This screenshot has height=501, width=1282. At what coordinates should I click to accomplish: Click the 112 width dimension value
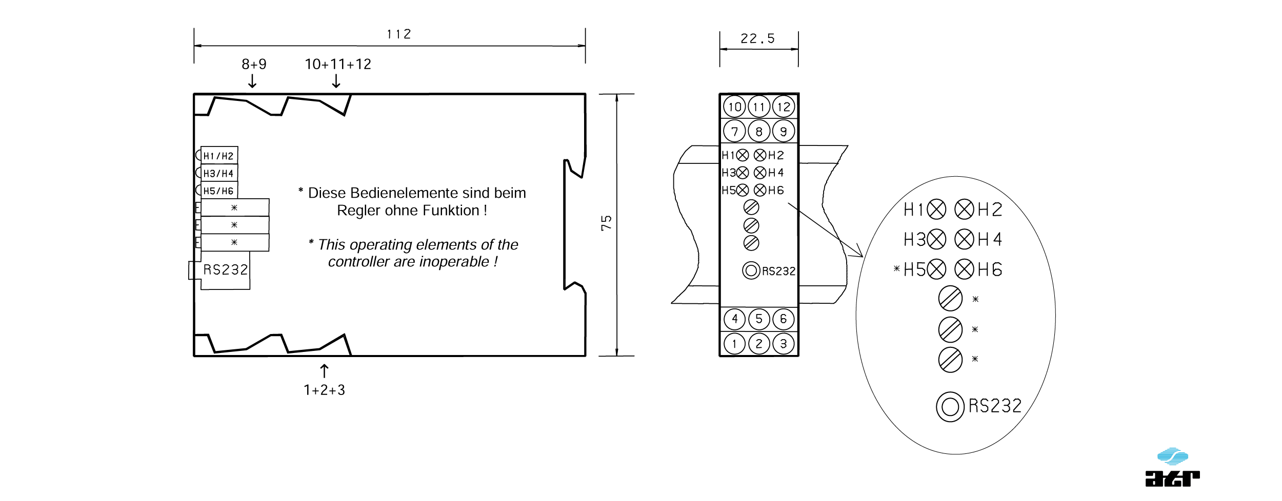pos(398,34)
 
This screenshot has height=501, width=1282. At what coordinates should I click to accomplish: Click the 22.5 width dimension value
pos(757,38)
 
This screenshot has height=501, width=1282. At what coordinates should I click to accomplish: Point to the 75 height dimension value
pos(606,223)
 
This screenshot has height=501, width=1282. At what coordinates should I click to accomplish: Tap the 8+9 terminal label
pos(254,64)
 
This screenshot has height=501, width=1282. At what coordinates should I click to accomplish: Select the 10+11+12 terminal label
pos(337,64)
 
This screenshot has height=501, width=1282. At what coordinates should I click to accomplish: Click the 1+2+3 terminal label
pos(324,390)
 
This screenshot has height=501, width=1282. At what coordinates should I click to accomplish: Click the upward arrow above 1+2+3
pos(324,371)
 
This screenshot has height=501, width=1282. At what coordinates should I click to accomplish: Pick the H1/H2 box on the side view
pos(219,156)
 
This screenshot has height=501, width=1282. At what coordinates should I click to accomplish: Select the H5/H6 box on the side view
pos(219,191)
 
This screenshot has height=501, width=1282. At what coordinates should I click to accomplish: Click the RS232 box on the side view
pos(225,270)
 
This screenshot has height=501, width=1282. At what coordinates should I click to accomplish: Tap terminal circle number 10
pos(734,107)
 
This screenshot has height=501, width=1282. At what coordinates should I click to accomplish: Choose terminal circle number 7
pos(734,131)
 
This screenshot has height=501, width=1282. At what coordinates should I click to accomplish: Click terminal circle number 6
pos(783,319)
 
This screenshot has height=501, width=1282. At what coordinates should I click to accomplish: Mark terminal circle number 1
pos(734,344)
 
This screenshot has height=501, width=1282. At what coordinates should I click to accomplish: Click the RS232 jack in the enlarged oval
pos(950,407)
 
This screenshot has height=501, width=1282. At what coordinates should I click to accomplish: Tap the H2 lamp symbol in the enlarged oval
pos(964,210)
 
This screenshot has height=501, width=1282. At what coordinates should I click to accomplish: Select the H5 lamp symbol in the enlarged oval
pos(936,269)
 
